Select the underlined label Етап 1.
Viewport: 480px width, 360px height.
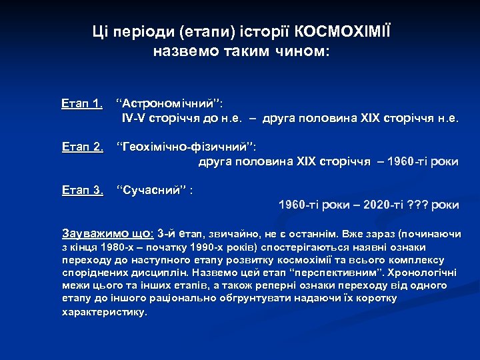click(x=82, y=103)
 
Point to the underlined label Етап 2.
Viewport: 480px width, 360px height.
click(x=82, y=147)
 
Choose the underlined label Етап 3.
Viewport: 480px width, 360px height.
click(x=82, y=190)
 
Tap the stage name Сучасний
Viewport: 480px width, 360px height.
click(x=151, y=190)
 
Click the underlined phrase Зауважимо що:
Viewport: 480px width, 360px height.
click(x=107, y=234)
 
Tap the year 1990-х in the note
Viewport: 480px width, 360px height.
click(x=192, y=248)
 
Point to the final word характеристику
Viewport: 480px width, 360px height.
click(x=104, y=311)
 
